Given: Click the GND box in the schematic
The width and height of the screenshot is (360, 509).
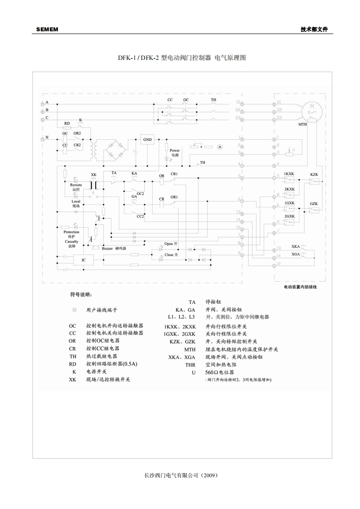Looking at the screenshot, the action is (148, 140).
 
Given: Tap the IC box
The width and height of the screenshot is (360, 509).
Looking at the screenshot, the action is (84, 260).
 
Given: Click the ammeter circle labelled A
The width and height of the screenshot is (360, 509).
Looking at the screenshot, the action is (220, 147).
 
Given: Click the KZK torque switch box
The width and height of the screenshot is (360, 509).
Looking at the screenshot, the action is (314, 181).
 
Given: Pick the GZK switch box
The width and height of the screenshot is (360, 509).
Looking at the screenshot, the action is (314, 210).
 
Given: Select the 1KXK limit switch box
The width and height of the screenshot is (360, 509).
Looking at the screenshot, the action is (289, 181).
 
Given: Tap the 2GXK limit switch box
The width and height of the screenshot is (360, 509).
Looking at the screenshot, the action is (289, 222).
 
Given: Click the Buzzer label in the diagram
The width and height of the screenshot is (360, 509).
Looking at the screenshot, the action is (107, 249).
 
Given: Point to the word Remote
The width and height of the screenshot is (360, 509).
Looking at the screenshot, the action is (76, 185).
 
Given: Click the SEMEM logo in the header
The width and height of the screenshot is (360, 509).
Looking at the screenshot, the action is (47, 29).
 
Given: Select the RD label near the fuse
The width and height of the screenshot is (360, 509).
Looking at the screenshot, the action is (67, 123).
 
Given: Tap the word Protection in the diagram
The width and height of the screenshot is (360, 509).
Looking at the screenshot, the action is (71, 232).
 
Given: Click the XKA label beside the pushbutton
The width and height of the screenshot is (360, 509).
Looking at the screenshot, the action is (296, 246).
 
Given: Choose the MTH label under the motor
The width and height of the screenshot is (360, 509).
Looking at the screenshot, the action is (302, 124).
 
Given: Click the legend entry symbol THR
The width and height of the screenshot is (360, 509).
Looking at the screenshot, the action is (190, 365).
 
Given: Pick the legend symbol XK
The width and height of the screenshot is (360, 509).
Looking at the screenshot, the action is (73, 379).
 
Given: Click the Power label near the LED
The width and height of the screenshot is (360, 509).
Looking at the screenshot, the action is (175, 150).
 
